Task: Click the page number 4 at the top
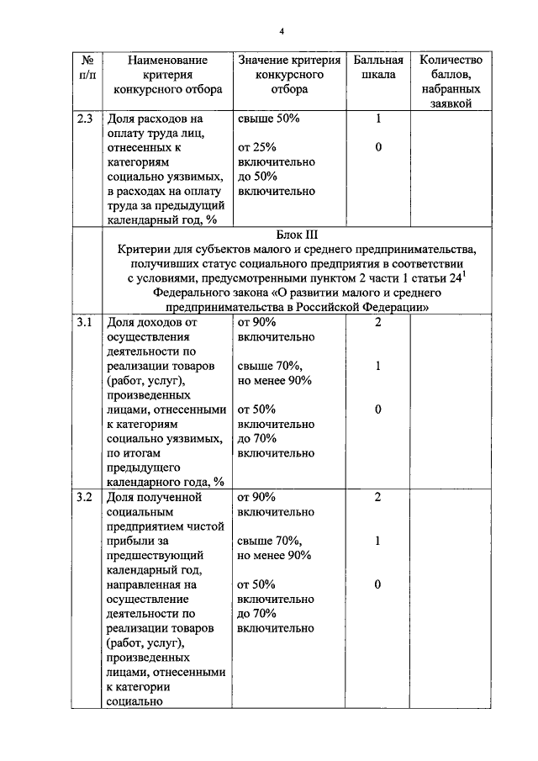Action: [x=282, y=32]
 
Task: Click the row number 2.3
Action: [x=86, y=119]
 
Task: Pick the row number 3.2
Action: [x=86, y=497]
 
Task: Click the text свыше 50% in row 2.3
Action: [x=268, y=119]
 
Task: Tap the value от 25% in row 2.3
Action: [x=257, y=148]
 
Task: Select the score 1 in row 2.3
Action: [x=378, y=119]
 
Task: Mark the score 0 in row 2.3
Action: [x=378, y=148]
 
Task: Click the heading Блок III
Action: [x=296, y=235]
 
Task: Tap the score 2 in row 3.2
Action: [x=378, y=497]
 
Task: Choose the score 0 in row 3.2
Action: [x=378, y=584]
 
